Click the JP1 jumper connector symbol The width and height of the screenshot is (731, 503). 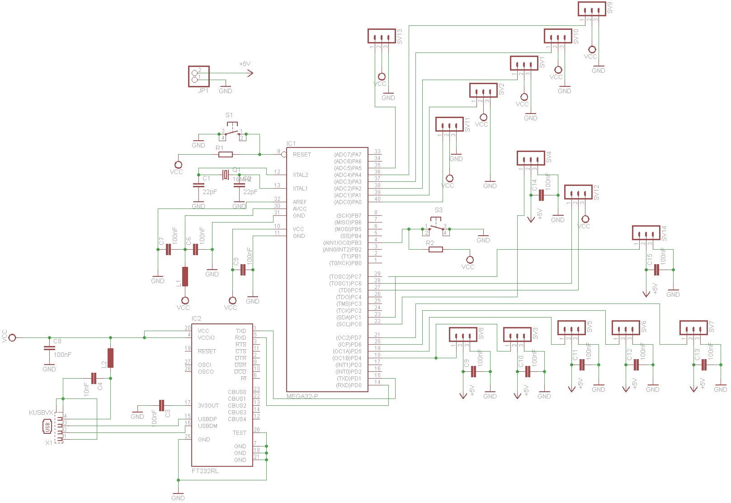tap(198, 76)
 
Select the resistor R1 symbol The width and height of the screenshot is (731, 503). tap(225, 155)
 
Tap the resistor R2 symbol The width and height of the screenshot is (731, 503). tap(435, 249)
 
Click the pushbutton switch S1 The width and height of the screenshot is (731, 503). tap(232, 133)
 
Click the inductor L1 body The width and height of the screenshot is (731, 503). tap(185, 276)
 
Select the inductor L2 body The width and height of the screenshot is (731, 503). tap(110, 358)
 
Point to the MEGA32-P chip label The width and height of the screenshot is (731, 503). tap(302, 396)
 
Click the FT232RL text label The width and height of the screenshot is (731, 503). tap(205, 471)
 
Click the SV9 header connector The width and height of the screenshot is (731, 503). tap(591, 9)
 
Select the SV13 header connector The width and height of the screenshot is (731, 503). tap(382, 36)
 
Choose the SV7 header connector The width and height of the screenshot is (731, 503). tap(693, 328)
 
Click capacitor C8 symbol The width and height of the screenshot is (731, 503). tap(47, 348)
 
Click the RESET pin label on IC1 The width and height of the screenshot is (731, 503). tap(302, 155)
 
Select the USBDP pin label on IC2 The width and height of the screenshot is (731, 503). tap(207, 419)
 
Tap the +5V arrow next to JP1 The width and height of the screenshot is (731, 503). tap(249, 72)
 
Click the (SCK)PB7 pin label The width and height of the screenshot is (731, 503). tap(348, 216)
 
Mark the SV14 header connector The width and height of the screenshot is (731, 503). tap(646, 233)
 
